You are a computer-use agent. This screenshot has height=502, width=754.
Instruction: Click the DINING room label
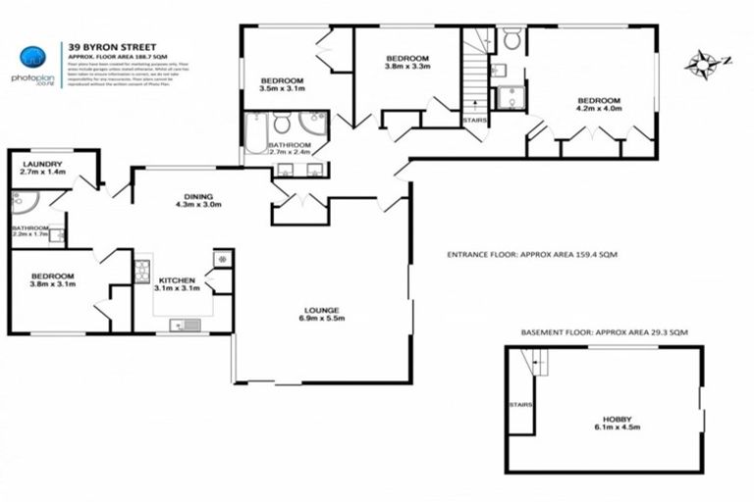(198, 196)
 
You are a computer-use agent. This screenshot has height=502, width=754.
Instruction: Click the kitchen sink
(184, 325)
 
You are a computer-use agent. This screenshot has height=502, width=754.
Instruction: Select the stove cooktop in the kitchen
(142, 271)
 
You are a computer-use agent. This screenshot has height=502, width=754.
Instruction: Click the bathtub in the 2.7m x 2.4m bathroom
(256, 133)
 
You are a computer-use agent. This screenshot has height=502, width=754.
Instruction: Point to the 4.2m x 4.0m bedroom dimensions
(598, 110)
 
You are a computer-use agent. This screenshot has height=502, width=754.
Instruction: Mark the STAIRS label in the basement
(520, 403)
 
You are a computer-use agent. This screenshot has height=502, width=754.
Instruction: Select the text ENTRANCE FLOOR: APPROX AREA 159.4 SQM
(531, 254)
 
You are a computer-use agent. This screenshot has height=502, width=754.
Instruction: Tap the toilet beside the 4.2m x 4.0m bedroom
(511, 39)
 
